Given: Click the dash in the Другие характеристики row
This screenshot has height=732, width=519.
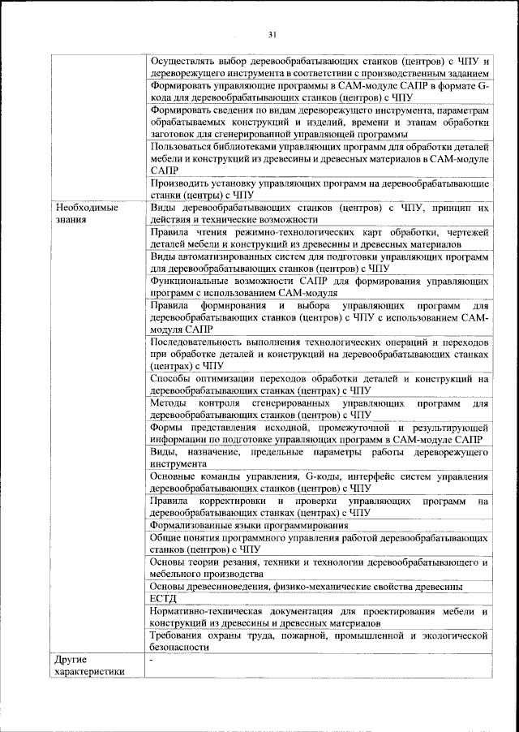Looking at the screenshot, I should (x=152, y=660).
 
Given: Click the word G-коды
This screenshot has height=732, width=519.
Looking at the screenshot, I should (x=302, y=476).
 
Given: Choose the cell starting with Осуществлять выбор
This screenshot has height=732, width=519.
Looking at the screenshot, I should (x=320, y=67).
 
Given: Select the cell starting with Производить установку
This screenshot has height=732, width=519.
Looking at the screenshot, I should (x=320, y=189).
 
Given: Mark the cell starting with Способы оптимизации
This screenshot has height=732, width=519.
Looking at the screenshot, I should (x=320, y=384).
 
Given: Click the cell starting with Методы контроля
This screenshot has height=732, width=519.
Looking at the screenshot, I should (x=320, y=408).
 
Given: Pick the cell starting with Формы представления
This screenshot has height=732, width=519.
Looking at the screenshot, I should (x=320, y=433).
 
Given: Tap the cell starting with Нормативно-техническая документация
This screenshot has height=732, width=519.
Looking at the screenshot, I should (x=320, y=616).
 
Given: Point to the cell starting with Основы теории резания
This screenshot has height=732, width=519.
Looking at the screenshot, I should (x=320, y=567).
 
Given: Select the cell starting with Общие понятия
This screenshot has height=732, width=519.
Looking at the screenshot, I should (x=320, y=543).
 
